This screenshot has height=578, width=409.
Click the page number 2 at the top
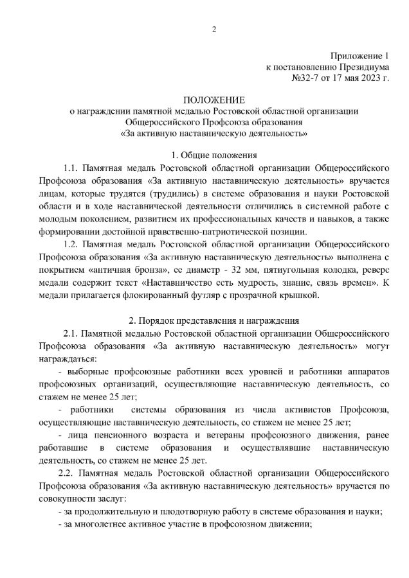[214, 29]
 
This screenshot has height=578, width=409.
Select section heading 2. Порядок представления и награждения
[214, 321]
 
